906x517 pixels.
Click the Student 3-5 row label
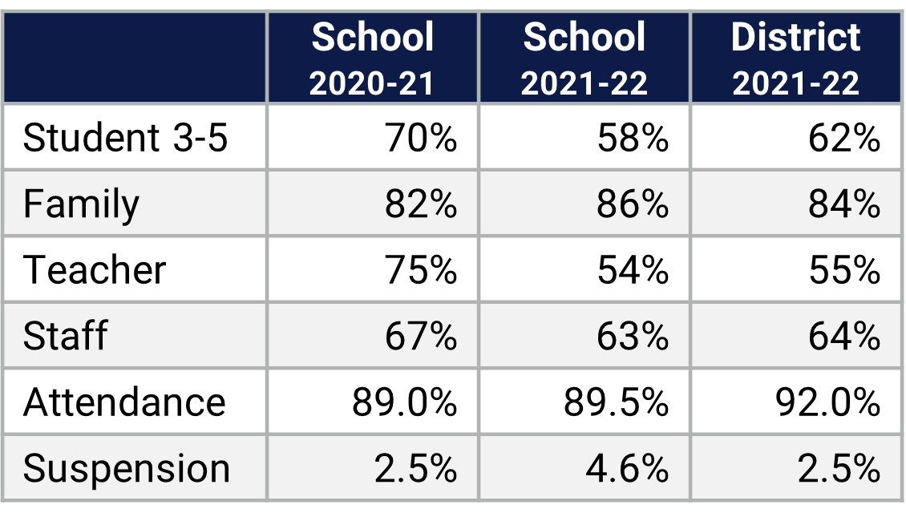[126, 138]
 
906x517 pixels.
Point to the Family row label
[81, 204]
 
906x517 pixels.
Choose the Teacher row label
[95, 269]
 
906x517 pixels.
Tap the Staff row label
[65, 335]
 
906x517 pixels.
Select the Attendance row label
[124, 401]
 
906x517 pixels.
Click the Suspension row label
[127, 468]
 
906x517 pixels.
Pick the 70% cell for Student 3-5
[421, 138]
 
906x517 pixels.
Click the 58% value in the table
[633, 138]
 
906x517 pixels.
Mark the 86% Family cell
[633, 204]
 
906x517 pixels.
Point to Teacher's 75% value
[421, 269]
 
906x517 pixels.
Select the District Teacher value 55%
[844, 269]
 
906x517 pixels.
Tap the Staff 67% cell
[421, 335]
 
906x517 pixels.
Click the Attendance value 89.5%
[616, 401]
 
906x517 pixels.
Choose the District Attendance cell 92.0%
[827, 401]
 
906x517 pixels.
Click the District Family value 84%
[844, 204]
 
